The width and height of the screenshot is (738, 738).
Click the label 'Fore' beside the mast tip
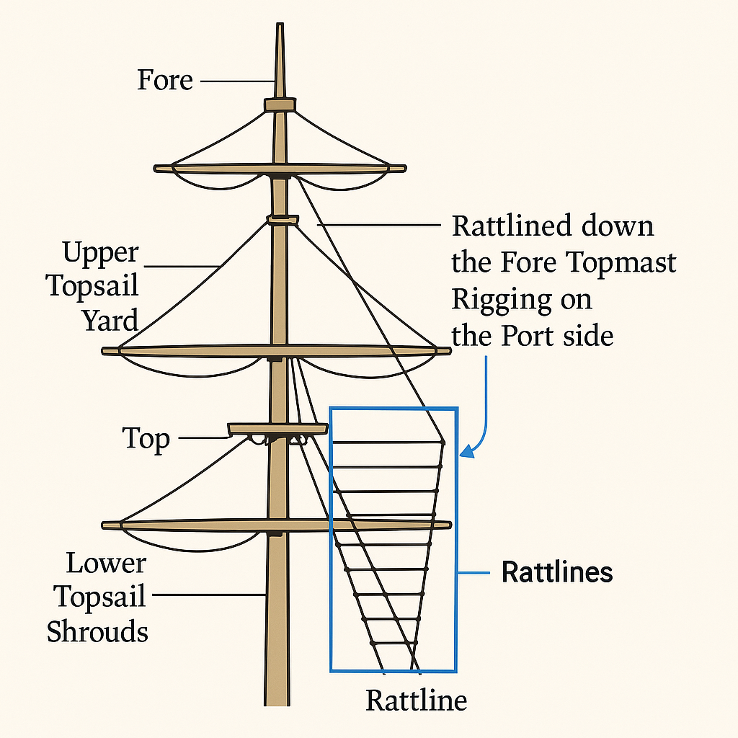coord(165,80)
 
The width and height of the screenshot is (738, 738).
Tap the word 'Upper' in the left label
coord(99,253)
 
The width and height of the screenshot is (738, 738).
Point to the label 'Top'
coord(146,438)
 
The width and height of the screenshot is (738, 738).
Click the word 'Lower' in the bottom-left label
coord(106,563)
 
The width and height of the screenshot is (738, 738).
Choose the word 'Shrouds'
coord(97,631)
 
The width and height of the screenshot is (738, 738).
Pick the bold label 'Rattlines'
coord(557,573)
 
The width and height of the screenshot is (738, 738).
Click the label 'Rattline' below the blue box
coord(416,700)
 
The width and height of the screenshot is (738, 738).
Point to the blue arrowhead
coord(466,453)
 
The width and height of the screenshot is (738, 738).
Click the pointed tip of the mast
coord(279,29)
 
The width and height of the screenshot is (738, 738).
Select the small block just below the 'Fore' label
coord(280,105)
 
